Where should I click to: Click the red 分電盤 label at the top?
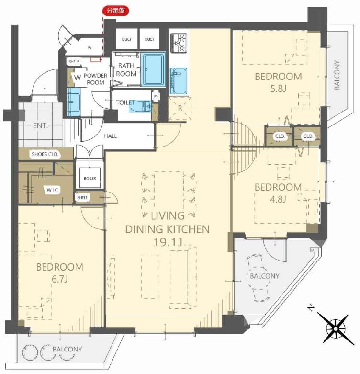[x=116, y=11]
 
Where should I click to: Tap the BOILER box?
[x=90, y=178]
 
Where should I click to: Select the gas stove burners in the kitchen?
[x=179, y=43]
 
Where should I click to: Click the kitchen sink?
[x=179, y=81]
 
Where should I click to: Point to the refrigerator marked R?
[x=180, y=108]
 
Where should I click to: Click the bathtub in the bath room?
[x=153, y=69]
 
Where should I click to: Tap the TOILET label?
[x=125, y=102]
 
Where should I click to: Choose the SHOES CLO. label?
[x=45, y=154]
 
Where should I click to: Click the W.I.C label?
[x=52, y=190]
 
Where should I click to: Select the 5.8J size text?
[x=278, y=89]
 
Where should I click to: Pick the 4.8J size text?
[x=278, y=199]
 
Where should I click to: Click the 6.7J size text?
[x=60, y=279]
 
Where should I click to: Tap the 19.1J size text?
[x=168, y=242]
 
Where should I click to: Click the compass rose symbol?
[x=336, y=329]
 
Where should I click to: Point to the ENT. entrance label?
[x=40, y=125]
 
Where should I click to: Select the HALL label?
[x=111, y=136]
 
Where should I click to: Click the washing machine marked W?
[x=77, y=78]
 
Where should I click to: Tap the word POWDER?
[x=96, y=76]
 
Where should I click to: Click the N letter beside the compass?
[x=311, y=308]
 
